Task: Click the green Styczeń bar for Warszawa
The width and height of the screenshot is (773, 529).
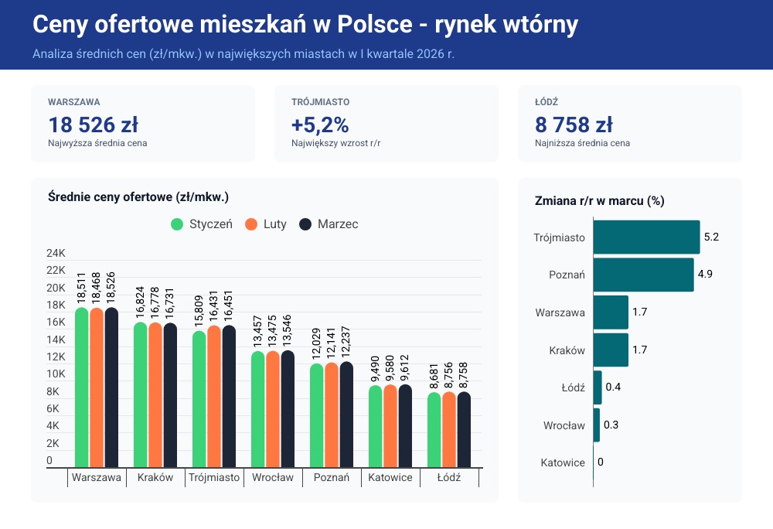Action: click(81, 387)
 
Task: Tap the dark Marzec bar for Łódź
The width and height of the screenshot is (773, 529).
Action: click(464, 429)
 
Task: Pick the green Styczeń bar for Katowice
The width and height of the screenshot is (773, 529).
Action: click(375, 426)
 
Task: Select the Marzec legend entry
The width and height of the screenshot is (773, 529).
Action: click(328, 224)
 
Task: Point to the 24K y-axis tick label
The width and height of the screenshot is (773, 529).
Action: click(56, 254)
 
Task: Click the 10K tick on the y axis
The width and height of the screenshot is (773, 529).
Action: click(56, 374)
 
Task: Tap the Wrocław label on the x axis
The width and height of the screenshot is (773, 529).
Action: click(273, 478)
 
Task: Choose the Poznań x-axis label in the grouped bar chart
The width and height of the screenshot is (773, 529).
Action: click(332, 478)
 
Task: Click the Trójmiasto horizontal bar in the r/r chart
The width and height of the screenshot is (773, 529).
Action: click(646, 237)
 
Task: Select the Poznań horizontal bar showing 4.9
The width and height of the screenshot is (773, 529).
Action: click(643, 275)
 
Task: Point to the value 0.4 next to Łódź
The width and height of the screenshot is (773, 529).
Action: click(613, 387)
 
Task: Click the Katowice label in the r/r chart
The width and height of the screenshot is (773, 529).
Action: click(563, 462)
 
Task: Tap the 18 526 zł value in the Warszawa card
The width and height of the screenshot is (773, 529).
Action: click(93, 125)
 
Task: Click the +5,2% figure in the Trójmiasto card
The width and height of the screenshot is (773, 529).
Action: click(320, 125)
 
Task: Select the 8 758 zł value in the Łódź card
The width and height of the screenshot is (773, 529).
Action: click(574, 125)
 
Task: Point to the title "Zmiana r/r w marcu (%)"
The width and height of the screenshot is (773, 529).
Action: click(599, 201)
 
